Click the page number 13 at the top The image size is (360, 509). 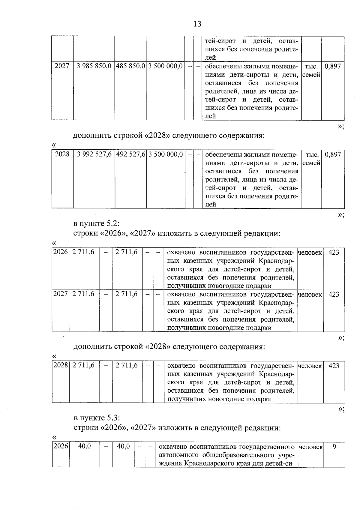(197, 24)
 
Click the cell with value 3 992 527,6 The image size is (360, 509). (94, 154)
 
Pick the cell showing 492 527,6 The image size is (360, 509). (130, 154)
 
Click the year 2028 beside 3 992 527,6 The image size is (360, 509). (62, 154)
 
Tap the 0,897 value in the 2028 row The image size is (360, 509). (333, 154)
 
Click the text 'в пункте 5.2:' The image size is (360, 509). (96, 224)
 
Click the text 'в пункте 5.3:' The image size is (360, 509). (97, 418)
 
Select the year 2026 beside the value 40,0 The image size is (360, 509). (61, 446)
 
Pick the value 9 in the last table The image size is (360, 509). (334, 447)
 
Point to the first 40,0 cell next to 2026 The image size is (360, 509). (84, 446)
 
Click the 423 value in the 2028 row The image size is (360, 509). (334, 366)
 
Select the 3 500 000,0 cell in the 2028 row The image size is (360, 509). (165, 154)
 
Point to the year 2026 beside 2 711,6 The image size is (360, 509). (60, 252)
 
